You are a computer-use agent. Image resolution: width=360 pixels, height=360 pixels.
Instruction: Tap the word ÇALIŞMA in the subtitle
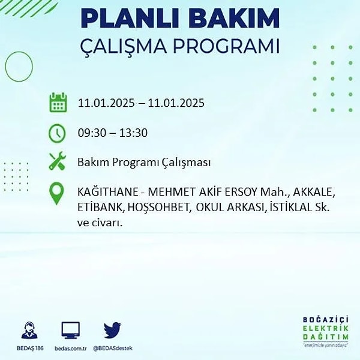coord(123,47)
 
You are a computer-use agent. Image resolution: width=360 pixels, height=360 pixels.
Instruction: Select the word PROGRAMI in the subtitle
coord(226,46)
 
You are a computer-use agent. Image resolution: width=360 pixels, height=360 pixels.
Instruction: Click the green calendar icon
coord(58,103)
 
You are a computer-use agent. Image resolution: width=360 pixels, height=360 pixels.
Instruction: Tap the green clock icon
coord(57,133)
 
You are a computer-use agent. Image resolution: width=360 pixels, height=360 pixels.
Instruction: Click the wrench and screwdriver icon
coord(58,161)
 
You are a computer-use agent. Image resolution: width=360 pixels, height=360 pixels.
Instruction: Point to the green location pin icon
coord(56,193)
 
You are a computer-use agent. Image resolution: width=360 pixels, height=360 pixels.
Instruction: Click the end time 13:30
coord(133,133)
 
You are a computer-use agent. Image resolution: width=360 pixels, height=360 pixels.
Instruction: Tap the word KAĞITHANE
coord(107,191)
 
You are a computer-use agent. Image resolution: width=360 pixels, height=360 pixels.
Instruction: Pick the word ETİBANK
coord(101,208)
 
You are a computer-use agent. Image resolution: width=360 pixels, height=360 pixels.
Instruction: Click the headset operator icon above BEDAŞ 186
coord(29,331)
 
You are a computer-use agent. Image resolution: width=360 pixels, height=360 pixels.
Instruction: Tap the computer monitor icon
coord(70,331)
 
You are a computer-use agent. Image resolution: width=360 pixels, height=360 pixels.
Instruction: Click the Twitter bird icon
coord(112,330)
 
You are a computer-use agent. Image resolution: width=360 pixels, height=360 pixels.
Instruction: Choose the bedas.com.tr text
coord(70,349)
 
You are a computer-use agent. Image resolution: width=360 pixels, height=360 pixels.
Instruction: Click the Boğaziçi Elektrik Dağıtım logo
coord(326,332)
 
